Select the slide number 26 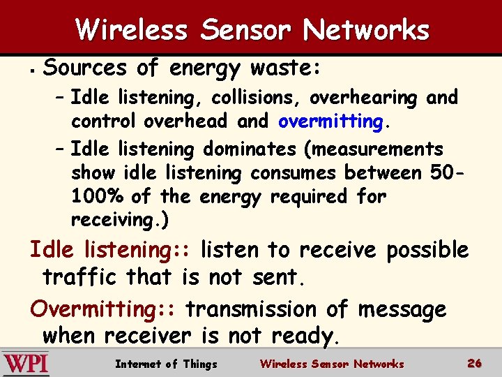475,363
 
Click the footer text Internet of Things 166,364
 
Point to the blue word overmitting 330,121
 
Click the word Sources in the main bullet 85,68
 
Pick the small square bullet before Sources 32,69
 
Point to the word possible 427,249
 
